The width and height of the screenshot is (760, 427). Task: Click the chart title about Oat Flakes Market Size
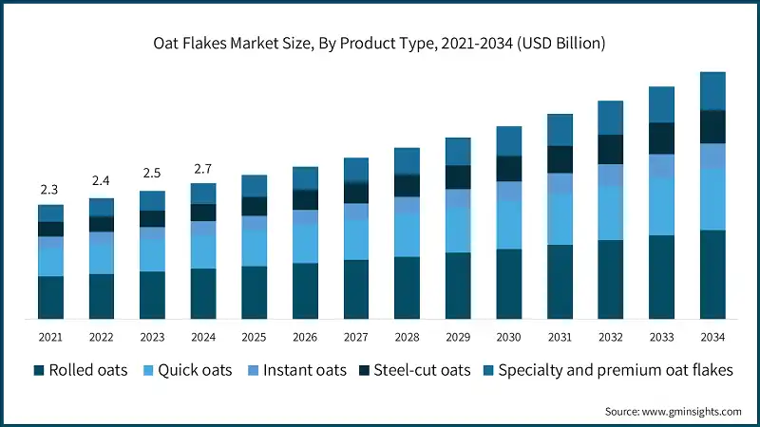click(x=380, y=43)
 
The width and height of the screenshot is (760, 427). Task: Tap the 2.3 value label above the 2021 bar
click(x=50, y=190)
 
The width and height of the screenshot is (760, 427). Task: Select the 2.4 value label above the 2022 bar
click(x=101, y=181)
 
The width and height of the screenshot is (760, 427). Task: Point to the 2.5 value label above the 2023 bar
click(x=152, y=173)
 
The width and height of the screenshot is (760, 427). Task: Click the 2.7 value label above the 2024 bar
click(x=202, y=169)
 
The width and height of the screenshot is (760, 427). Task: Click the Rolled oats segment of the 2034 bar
click(x=712, y=273)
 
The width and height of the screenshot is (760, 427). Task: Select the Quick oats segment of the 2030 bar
click(x=509, y=225)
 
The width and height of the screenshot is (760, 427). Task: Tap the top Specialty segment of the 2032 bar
click(x=611, y=118)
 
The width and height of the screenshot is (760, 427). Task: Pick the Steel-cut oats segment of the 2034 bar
click(x=712, y=126)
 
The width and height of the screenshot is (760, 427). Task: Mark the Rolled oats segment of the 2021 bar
click(x=50, y=297)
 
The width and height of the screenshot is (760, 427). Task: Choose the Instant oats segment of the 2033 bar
click(x=661, y=166)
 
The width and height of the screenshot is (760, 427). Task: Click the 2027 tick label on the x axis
click(x=356, y=337)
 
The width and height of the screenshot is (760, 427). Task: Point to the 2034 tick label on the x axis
click(x=712, y=337)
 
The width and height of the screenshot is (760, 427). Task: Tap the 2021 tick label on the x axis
click(x=50, y=337)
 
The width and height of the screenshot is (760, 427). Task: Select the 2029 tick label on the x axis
click(x=458, y=337)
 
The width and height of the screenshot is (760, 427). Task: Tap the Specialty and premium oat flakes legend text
click(x=616, y=370)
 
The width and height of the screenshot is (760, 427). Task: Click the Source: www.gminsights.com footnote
click(x=673, y=411)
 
